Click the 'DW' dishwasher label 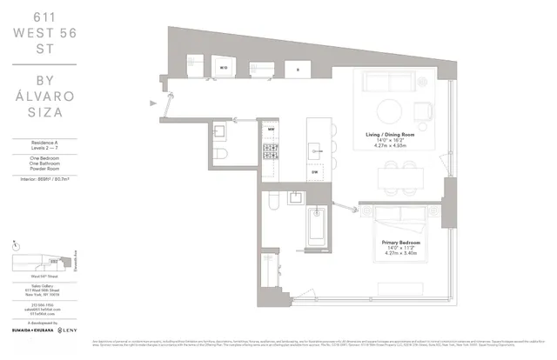(x=315, y=173)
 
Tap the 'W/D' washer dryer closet (x=223, y=66)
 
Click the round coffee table (x=390, y=110)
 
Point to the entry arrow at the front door (x=156, y=103)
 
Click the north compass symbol (x=17, y=245)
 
